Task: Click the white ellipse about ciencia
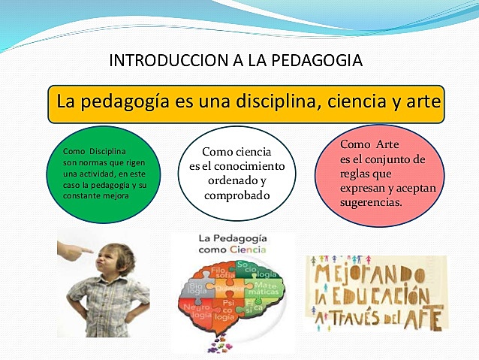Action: pos(236,174)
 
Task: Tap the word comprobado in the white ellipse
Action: pos(236,195)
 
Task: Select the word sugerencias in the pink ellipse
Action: pos(371,203)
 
